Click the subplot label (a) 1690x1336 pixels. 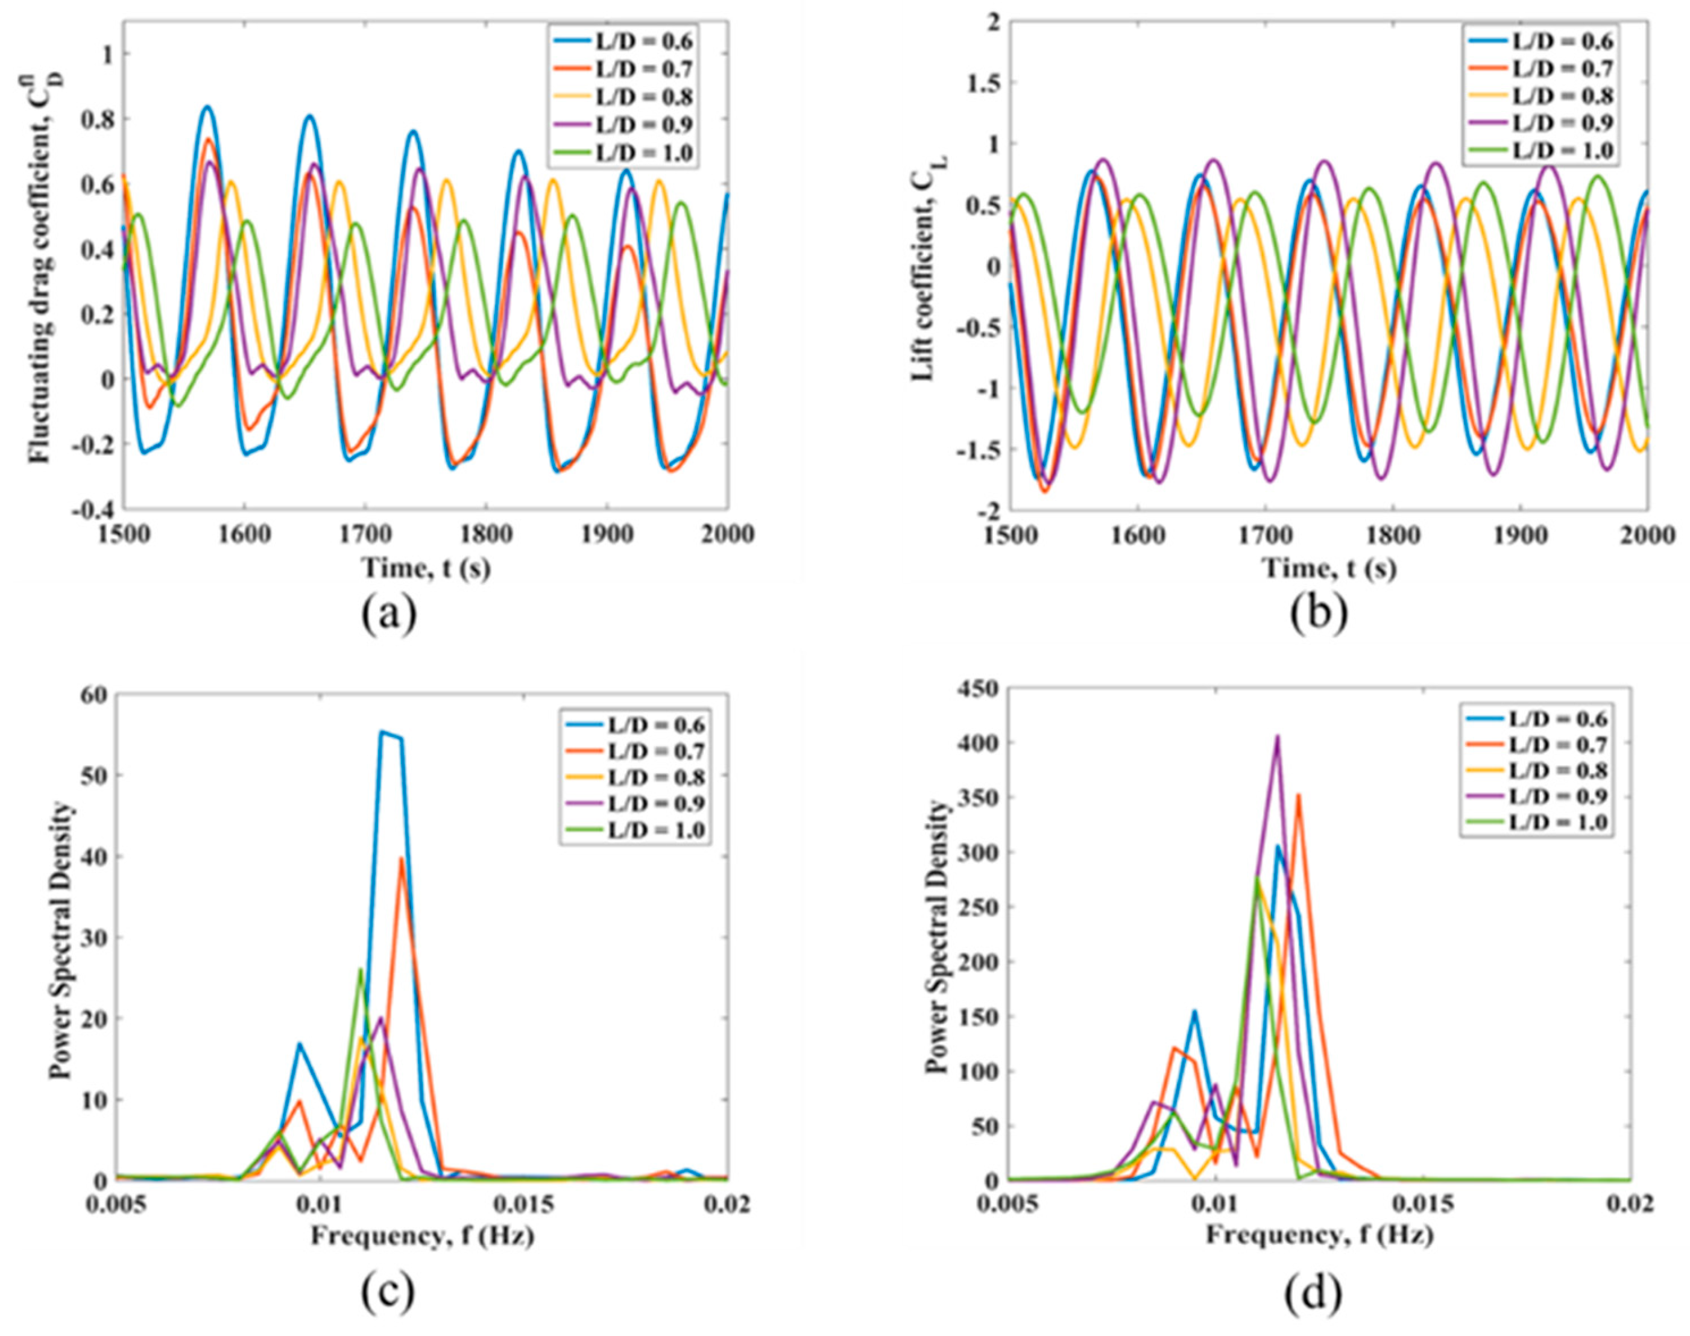click(x=389, y=614)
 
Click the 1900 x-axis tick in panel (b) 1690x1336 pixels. click(x=1520, y=535)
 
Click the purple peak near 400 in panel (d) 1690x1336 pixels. click(x=1278, y=736)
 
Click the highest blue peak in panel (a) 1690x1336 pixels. click(x=207, y=107)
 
